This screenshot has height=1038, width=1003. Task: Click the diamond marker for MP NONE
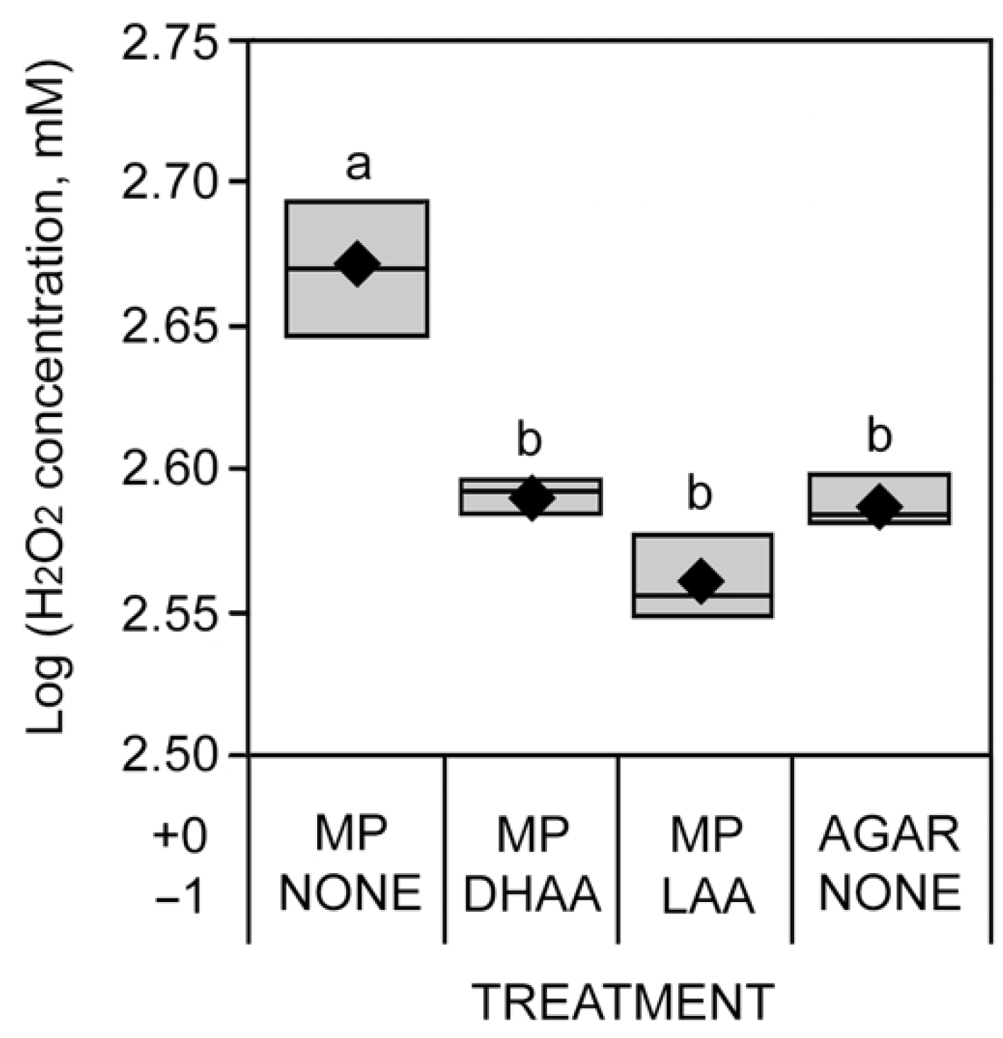point(357,263)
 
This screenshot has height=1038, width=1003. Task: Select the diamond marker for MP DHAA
point(532,498)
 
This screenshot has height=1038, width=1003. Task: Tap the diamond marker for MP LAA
point(700,581)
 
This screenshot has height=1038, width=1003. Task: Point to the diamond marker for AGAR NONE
point(879,506)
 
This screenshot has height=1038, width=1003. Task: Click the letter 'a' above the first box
point(358,168)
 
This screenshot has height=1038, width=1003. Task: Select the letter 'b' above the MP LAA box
point(699,494)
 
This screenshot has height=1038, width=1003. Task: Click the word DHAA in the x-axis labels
point(532,894)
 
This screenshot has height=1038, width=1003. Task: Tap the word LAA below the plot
point(706,894)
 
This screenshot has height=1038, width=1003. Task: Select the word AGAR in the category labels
point(889,835)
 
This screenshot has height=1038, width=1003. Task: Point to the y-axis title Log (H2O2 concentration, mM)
point(51,397)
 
